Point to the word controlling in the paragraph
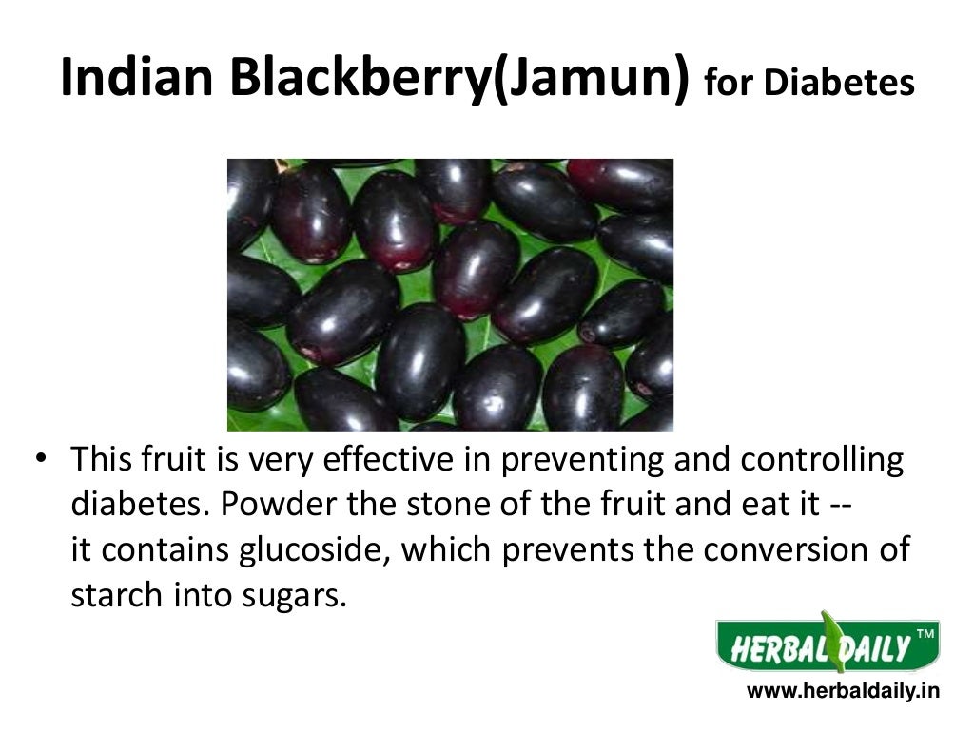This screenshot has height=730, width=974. tap(821, 461)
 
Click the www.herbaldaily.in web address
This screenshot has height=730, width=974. tap(842, 692)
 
